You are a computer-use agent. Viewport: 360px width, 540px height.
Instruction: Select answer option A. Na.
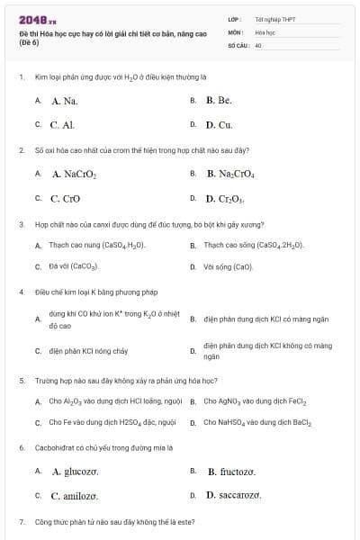click(x=65, y=101)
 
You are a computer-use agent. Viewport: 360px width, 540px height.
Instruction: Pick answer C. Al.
click(x=63, y=125)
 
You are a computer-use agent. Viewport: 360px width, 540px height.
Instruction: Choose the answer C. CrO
click(x=66, y=198)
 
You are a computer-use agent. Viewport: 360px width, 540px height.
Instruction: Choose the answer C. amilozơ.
click(x=74, y=495)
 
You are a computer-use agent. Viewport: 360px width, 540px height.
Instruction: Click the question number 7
click(x=21, y=522)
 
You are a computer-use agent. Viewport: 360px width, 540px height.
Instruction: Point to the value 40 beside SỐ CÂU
click(x=258, y=43)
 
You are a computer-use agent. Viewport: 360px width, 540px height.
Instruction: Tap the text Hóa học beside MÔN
click(x=265, y=31)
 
